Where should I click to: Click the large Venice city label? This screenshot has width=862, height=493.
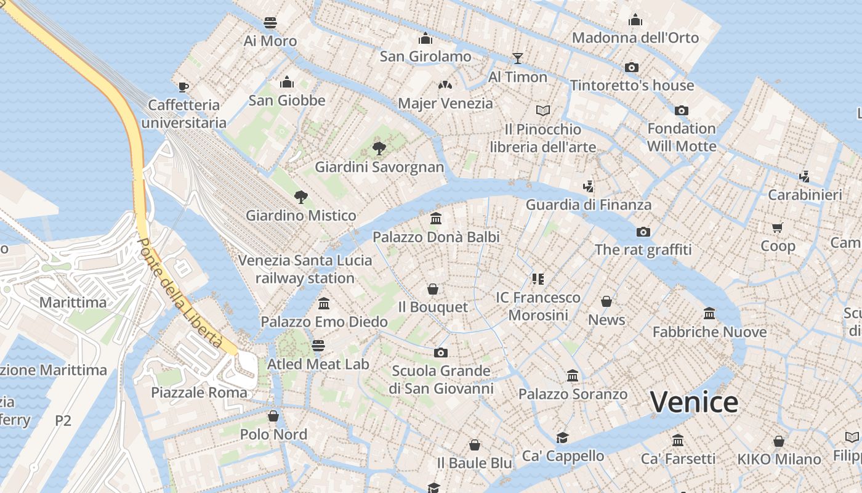point(694,402)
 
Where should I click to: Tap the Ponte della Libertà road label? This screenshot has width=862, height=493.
point(179,294)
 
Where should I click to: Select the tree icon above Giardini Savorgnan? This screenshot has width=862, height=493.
point(379,148)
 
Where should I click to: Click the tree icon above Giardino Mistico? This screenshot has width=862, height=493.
point(301,197)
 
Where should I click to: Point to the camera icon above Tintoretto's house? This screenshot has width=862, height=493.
point(632,67)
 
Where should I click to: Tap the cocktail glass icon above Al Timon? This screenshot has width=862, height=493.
point(517,59)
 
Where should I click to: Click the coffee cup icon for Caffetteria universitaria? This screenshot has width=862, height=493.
point(183,87)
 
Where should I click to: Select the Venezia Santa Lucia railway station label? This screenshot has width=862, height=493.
point(305,269)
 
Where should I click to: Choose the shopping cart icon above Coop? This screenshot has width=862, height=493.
point(778,227)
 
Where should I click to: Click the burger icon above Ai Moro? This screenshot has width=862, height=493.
point(270,23)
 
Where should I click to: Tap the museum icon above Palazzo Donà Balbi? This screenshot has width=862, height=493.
point(436,218)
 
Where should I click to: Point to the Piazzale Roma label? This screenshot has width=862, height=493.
point(199,393)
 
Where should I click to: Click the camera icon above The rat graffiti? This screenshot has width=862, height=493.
point(643,232)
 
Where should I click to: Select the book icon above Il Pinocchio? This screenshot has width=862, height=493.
point(542,110)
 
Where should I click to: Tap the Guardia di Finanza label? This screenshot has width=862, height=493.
point(588,205)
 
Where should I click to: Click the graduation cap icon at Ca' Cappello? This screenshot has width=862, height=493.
point(562,438)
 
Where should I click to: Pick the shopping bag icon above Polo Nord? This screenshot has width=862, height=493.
point(273,416)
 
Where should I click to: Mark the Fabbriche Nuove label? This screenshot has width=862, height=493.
point(709,332)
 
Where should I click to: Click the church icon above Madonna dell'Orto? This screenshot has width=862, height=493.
point(635,20)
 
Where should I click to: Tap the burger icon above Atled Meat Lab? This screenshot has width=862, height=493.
point(318,345)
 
